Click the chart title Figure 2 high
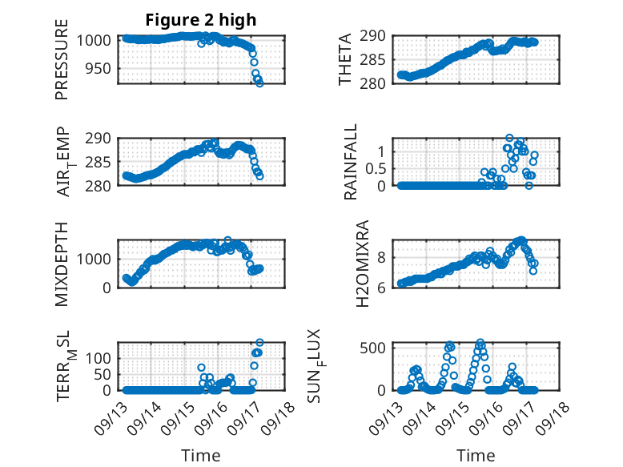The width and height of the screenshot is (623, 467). pyautogui.click(x=201, y=20)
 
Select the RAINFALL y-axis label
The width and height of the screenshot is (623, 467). pyautogui.click(x=350, y=163)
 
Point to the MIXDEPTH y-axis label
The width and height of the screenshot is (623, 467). pyautogui.click(x=62, y=264)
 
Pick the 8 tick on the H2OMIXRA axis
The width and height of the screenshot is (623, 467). pyautogui.click(x=383, y=257)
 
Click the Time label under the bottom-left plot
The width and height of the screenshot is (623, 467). pyautogui.click(x=201, y=456)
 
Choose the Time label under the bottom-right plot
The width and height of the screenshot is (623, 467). pyautogui.click(x=476, y=456)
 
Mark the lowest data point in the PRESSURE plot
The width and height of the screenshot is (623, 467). pyautogui.click(x=259, y=83)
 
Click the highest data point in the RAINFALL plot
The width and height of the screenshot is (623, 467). pyautogui.click(x=509, y=139)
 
